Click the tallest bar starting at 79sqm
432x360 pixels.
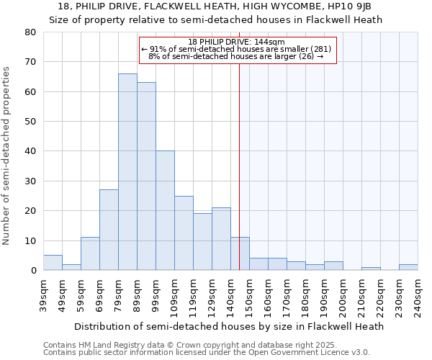click(x=127, y=172)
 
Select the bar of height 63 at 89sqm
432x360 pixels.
click(x=146, y=176)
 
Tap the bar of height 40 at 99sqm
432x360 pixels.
click(x=165, y=210)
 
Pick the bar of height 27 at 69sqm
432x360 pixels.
click(x=109, y=230)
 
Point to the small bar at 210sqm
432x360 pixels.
click(x=371, y=269)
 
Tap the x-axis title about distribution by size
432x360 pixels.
click(x=229, y=326)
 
